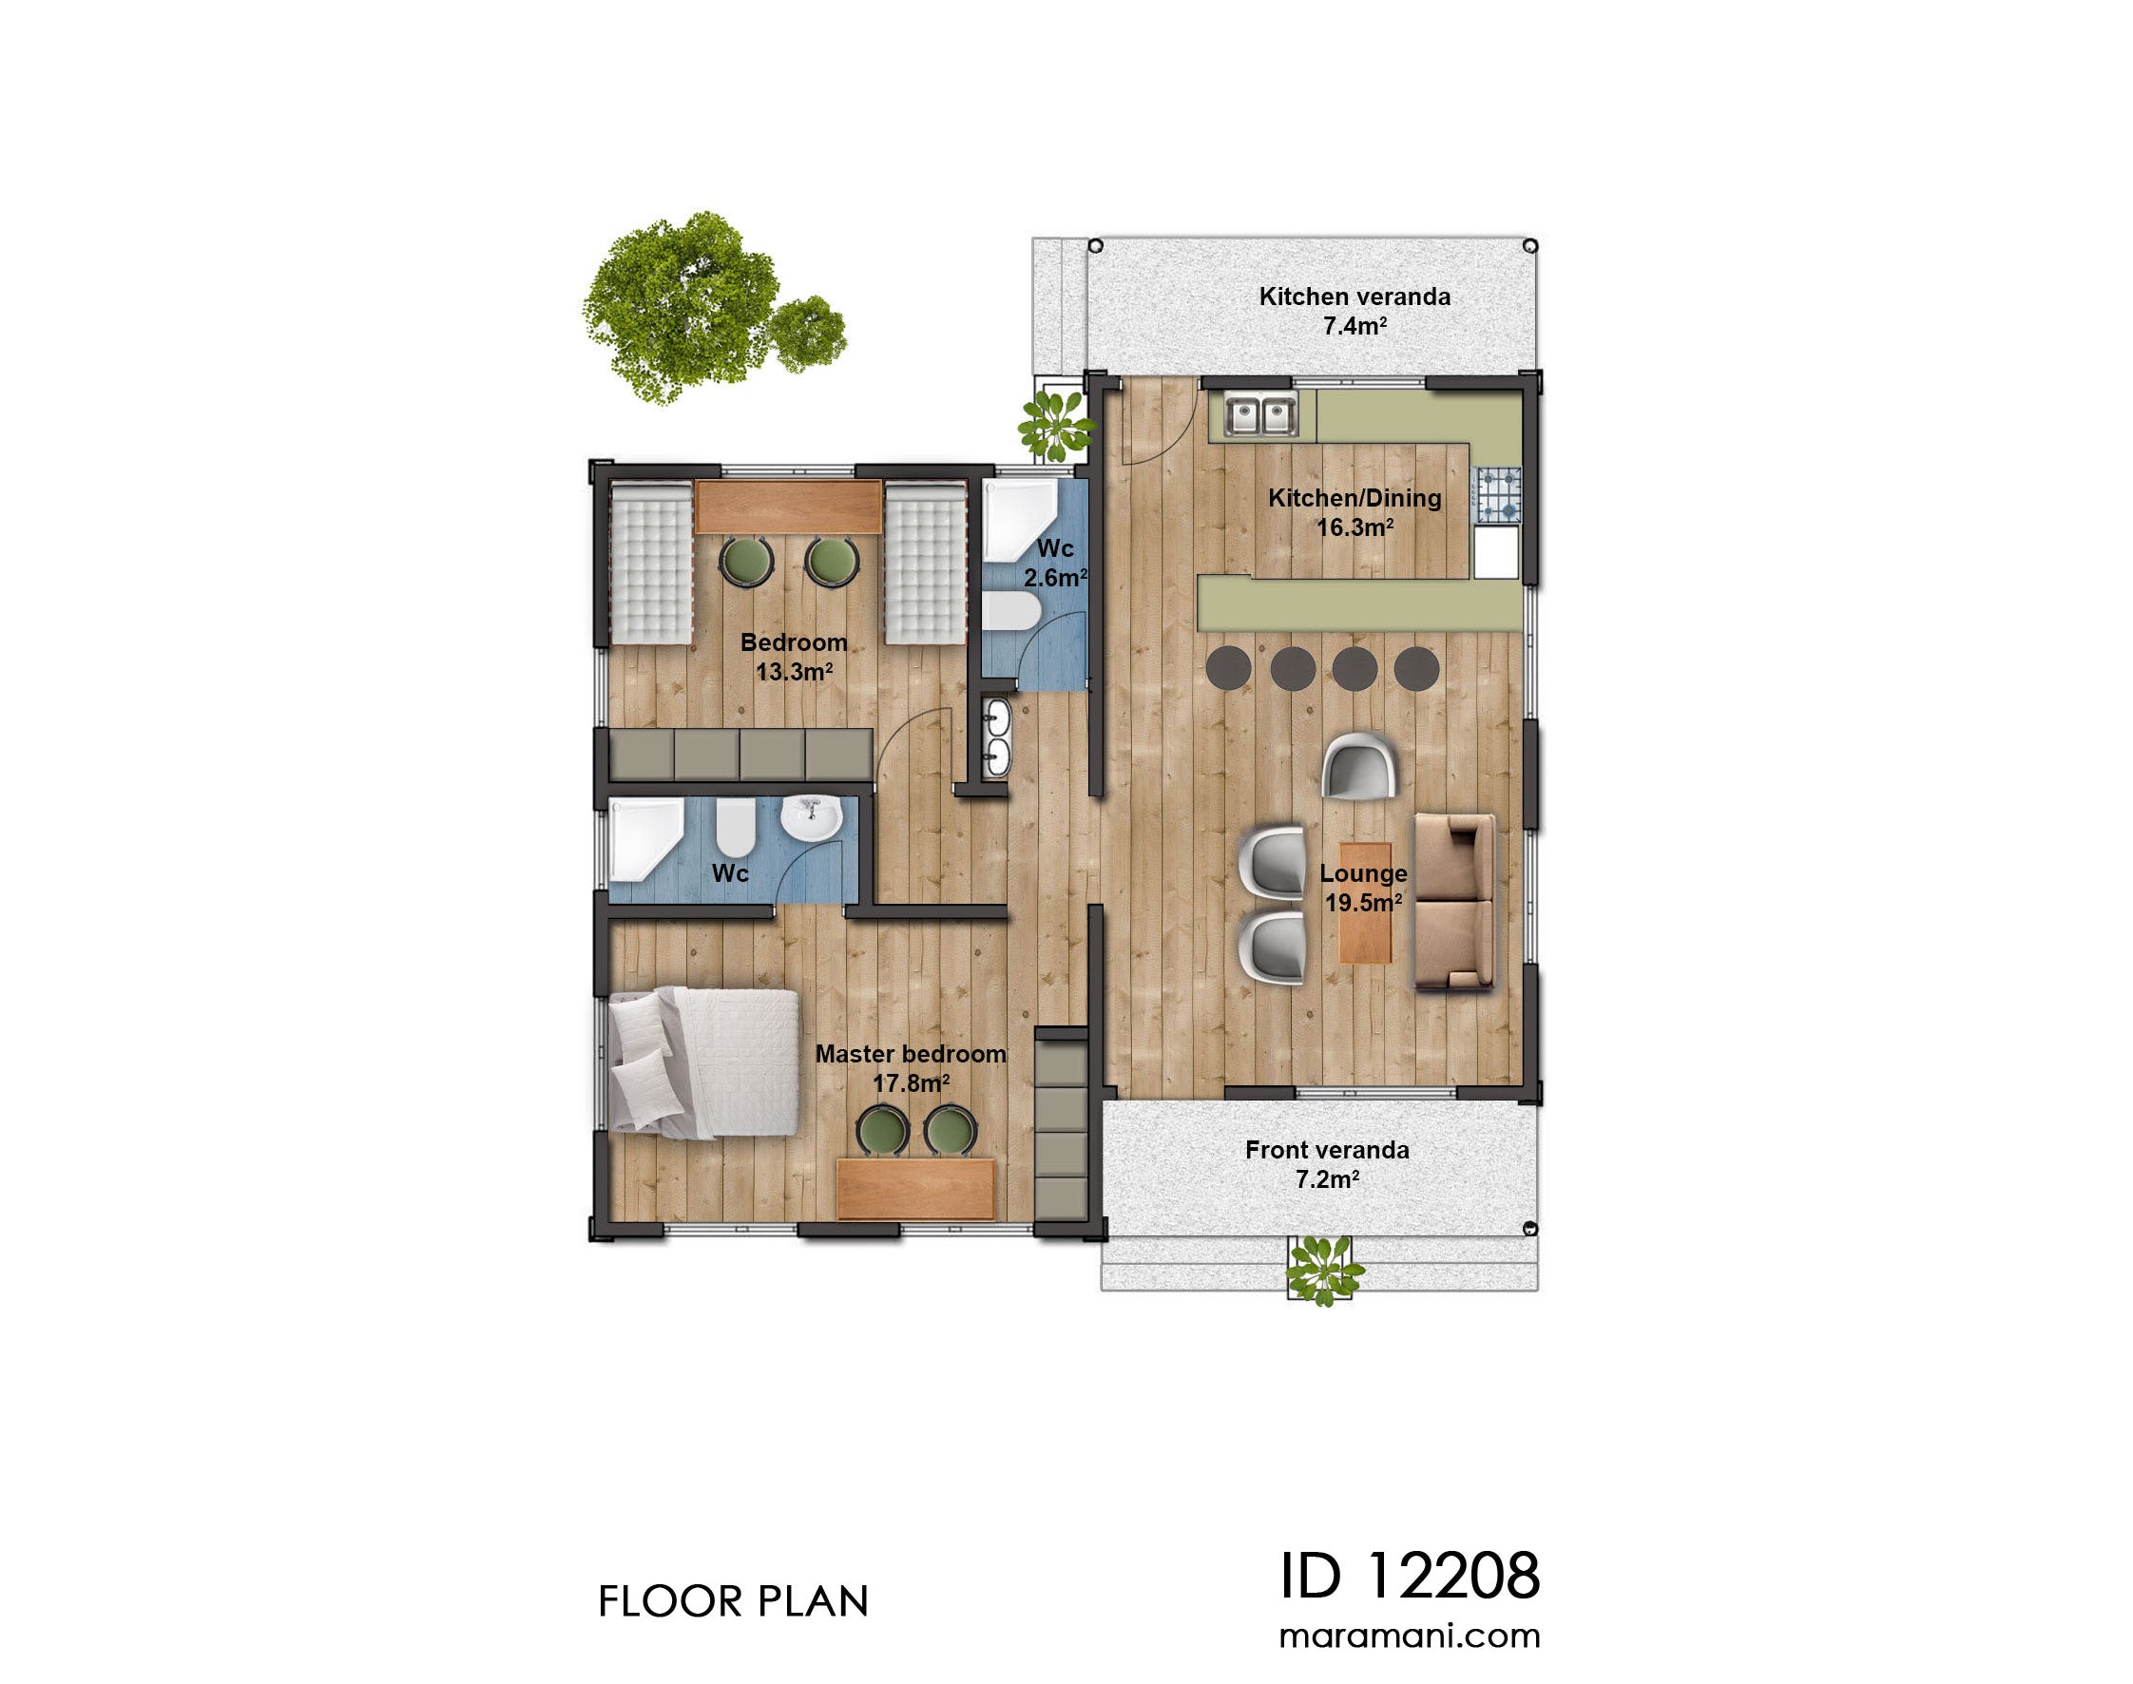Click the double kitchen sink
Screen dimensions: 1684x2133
[x=1259, y=414]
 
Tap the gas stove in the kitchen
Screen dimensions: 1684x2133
[x=1496, y=495]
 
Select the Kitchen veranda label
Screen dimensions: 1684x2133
[x=1354, y=311]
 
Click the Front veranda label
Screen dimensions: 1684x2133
[x=1326, y=1163]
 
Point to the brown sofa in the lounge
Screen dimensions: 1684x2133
[x=1453, y=900]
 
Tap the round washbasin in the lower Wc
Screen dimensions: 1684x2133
[x=811, y=819]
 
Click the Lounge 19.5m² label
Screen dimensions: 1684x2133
[x=1363, y=888]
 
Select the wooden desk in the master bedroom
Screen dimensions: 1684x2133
[x=914, y=1188]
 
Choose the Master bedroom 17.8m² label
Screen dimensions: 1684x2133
[x=911, y=1068]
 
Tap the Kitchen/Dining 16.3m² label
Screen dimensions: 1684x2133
[x=1354, y=511]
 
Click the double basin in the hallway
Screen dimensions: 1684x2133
[x=996, y=737]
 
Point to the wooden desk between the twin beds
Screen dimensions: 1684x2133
[x=787, y=507]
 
